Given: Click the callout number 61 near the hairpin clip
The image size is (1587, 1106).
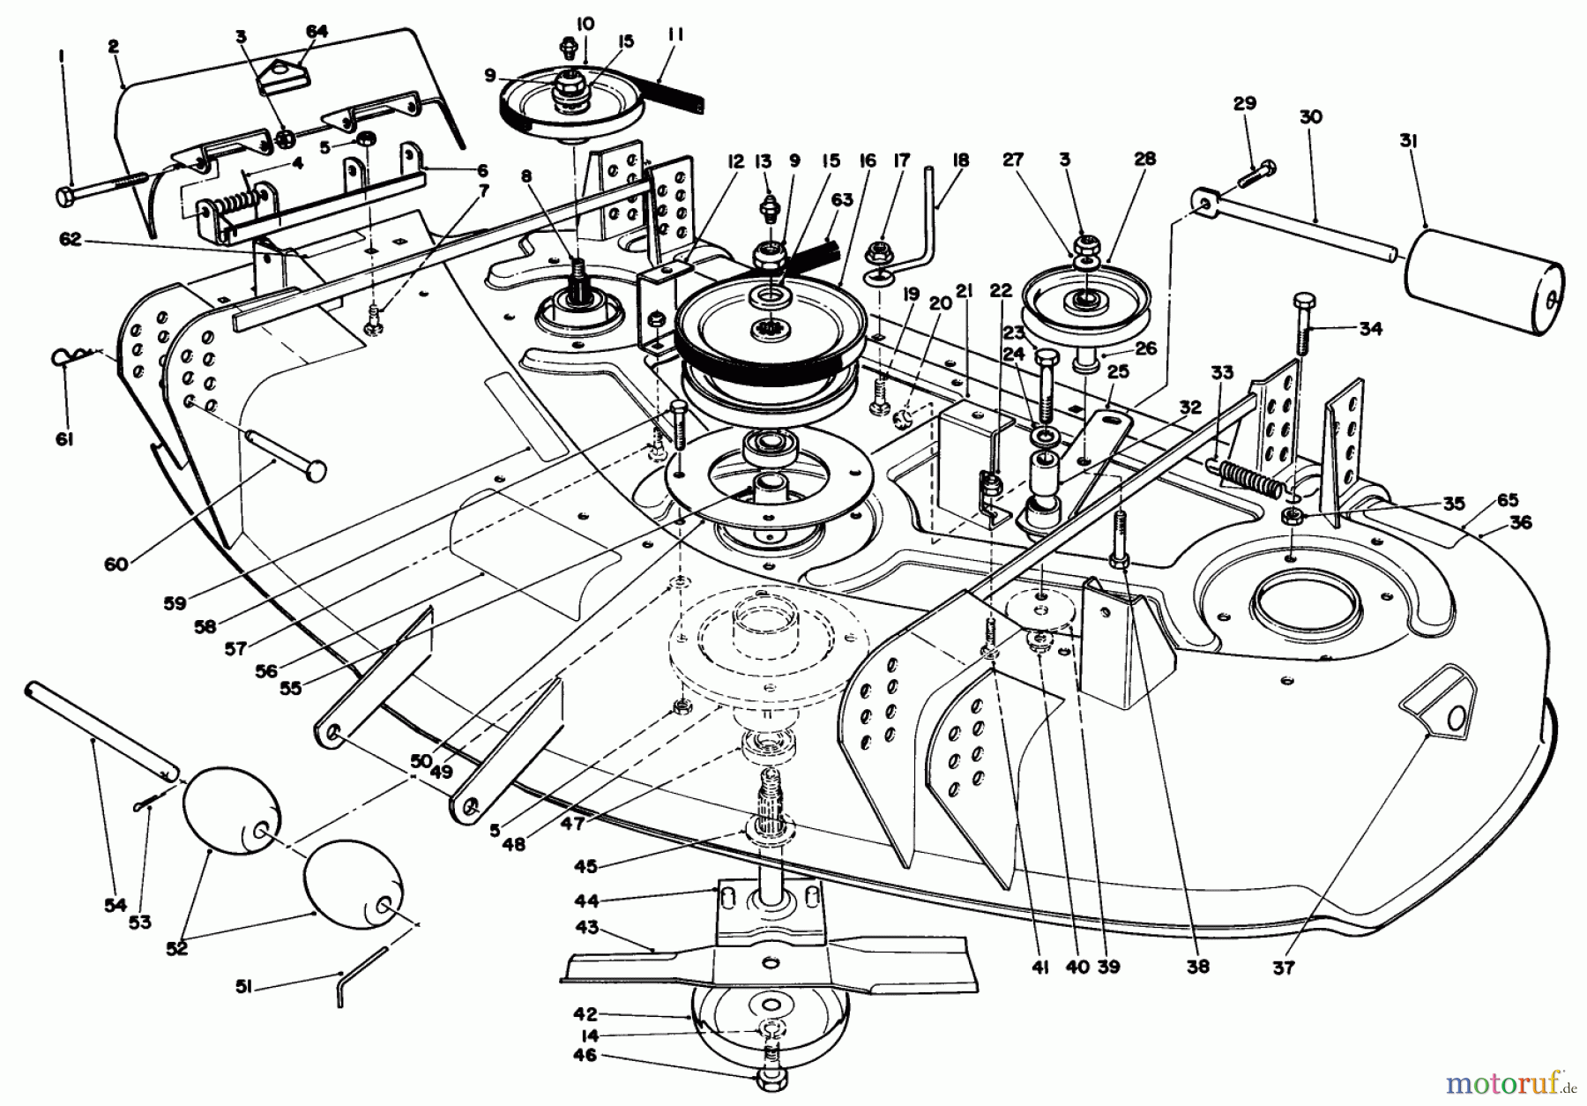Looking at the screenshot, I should [x=63, y=438].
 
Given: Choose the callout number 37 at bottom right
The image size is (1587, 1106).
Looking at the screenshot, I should [x=1284, y=968].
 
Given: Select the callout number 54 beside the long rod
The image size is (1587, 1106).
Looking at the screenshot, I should [x=116, y=905].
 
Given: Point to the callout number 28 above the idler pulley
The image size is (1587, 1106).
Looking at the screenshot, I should [x=1144, y=160].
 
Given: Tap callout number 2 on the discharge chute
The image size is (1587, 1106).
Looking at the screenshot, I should [x=114, y=47].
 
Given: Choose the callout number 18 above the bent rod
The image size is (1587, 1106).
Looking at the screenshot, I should [x=960, y=161].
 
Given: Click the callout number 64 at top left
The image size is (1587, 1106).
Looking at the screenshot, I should [x=317, y=32].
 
